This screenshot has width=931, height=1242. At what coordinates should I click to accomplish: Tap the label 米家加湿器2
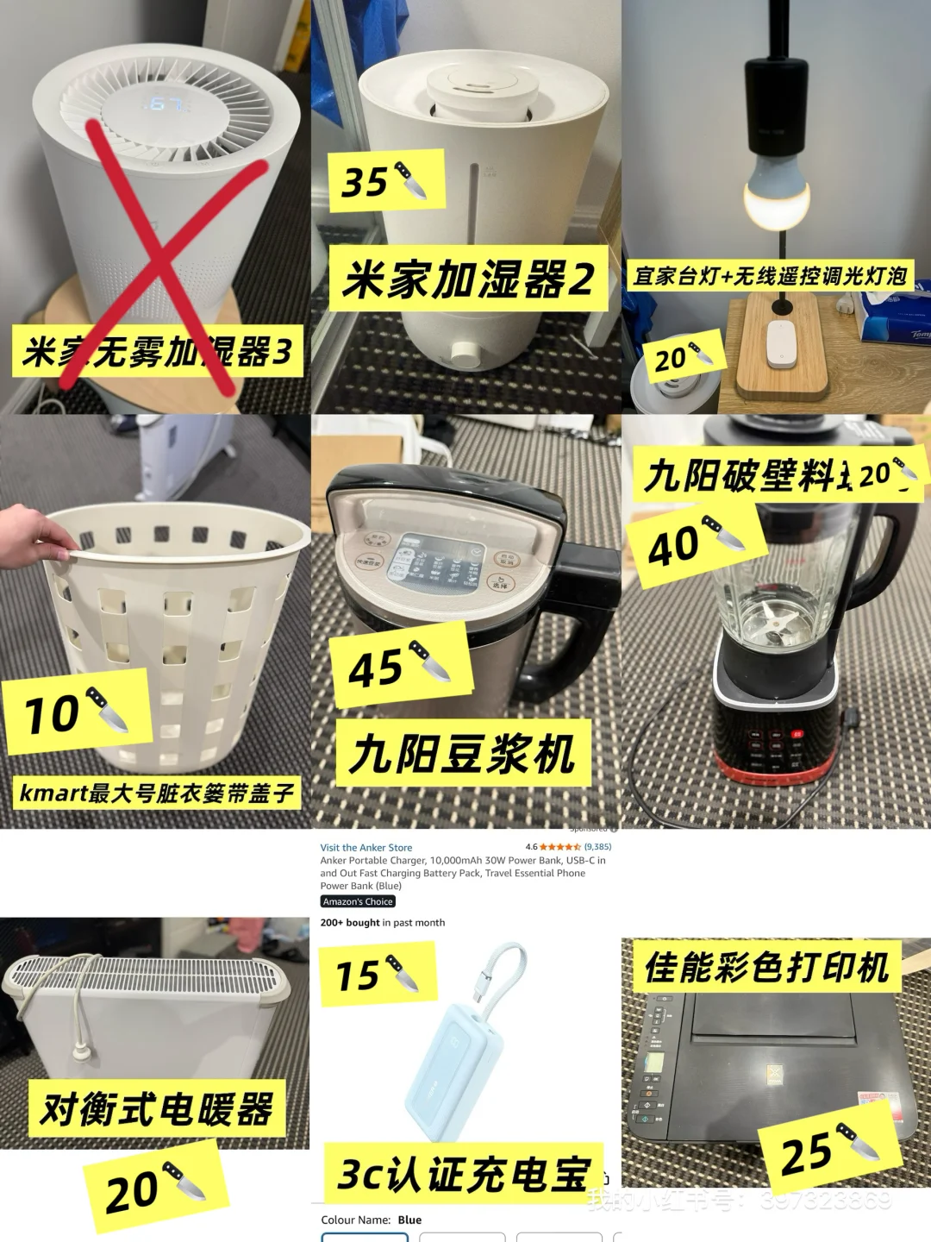point(468,279)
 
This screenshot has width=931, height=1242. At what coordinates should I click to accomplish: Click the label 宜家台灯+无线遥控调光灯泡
point(770,276)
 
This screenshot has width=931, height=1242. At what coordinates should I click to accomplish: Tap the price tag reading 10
point(76,713)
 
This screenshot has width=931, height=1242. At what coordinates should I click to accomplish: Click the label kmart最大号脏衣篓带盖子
point(156,792)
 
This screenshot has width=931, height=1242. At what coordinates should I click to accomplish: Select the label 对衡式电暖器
point(156,1108)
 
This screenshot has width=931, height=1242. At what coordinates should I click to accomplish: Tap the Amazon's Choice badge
point(358,901)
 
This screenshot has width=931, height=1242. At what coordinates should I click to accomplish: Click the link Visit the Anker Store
point(366,848)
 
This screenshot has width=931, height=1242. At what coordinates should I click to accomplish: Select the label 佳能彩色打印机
point(766,967)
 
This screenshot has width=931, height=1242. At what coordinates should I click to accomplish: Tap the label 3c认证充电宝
point(463,1174)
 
